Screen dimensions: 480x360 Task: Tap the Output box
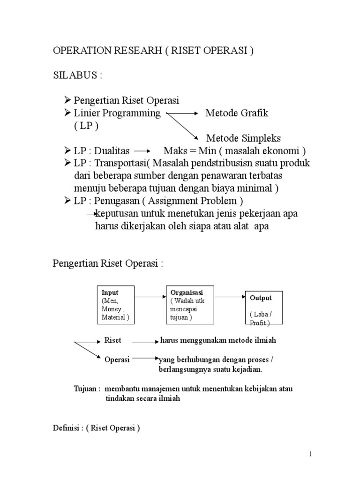tap(264, 307)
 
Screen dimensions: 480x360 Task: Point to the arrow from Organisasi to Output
tap(230, 297)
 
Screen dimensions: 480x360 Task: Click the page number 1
tap(310, 454)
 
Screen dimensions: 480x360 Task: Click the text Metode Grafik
tap(237, 113)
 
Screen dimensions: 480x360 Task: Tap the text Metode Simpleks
tap(243, 138)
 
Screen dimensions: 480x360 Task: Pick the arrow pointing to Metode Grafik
tap(183, 114)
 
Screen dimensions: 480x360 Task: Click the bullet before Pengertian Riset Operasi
tap(67, 101)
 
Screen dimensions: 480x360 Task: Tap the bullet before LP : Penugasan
tap(67, 202)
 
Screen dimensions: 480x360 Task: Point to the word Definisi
tap(65, 427)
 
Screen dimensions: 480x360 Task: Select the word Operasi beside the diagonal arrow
tap(116, 360)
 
